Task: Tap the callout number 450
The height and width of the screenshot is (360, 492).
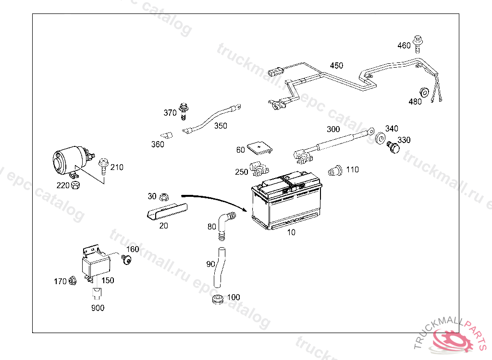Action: pyautogui.click(x=336, y=65)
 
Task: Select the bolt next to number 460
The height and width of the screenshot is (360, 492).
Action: pyautogui.click(x=418, y=43)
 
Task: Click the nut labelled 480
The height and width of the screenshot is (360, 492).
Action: pyautogui.click(x=424, y=92)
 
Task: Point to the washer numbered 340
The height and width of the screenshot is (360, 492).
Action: pyautogui.click(x=380, y=138)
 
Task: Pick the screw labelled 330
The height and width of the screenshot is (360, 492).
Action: pyautogui.click(x=394, y=147)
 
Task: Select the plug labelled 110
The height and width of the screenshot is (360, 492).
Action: pyautogui.click(x=334, y=170)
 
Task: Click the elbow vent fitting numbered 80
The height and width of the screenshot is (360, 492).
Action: pyautogui.click(x=224, y=222)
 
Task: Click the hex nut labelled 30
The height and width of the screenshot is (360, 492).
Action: pyautogui.click(x=163, y=196)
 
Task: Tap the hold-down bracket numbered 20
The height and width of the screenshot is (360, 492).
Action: pyautogui.click(x=166, y=211)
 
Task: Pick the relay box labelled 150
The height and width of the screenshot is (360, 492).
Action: pyautogui.click(x=96, y=265)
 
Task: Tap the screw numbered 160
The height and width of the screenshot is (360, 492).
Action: pyautogui.click(x=127, y=260)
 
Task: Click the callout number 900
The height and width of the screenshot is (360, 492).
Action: pyautogui.click(x=98, y=308)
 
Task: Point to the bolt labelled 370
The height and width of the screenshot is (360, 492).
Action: pyautogui.click(x=183, y=110)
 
